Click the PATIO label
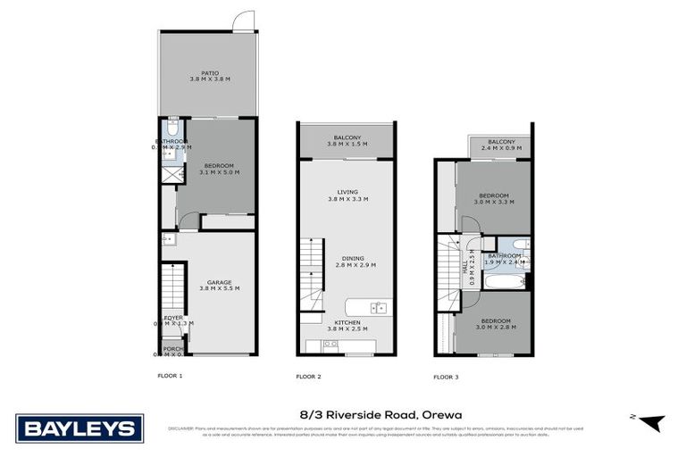[x=210, y=73]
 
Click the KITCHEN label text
[x=347, y=321]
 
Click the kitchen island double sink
[x=378, y=309]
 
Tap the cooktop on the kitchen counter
[x=331, y=344]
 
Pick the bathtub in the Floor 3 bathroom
[x=505, y=282]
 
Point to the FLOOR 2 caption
[x=308, y=377]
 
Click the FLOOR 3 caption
[x=446, y=377]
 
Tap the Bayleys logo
[x=79, y=428]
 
